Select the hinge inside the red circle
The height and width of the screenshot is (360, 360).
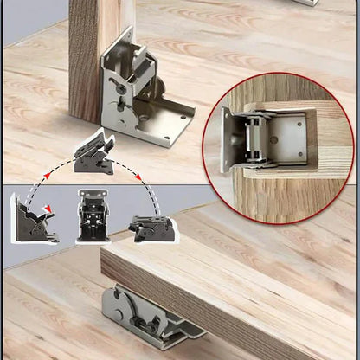click(260, 138)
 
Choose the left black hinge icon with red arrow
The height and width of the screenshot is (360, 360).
click(33, 220)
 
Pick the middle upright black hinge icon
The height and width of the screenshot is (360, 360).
click(92, 217)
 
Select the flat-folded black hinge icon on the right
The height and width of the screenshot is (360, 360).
click(152, 228)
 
